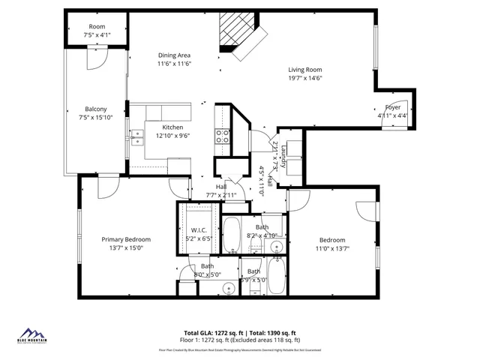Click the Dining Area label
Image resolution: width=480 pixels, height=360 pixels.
coord(174,55)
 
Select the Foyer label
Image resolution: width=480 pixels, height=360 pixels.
coord(393,107)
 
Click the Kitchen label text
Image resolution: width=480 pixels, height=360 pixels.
coord(172,127)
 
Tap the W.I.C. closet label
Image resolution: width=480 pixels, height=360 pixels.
coord(199,230)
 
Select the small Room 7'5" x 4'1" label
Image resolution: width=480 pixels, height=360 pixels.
coord(97,26)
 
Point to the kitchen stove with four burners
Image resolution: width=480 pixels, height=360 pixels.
coord(223,136)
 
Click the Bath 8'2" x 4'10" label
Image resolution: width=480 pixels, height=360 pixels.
coord(262,227)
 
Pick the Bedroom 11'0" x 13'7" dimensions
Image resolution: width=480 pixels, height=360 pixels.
coord(331,248)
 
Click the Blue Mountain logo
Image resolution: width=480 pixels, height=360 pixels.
coord(32,336)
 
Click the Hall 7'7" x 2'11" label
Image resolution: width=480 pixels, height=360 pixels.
coord(221,187)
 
